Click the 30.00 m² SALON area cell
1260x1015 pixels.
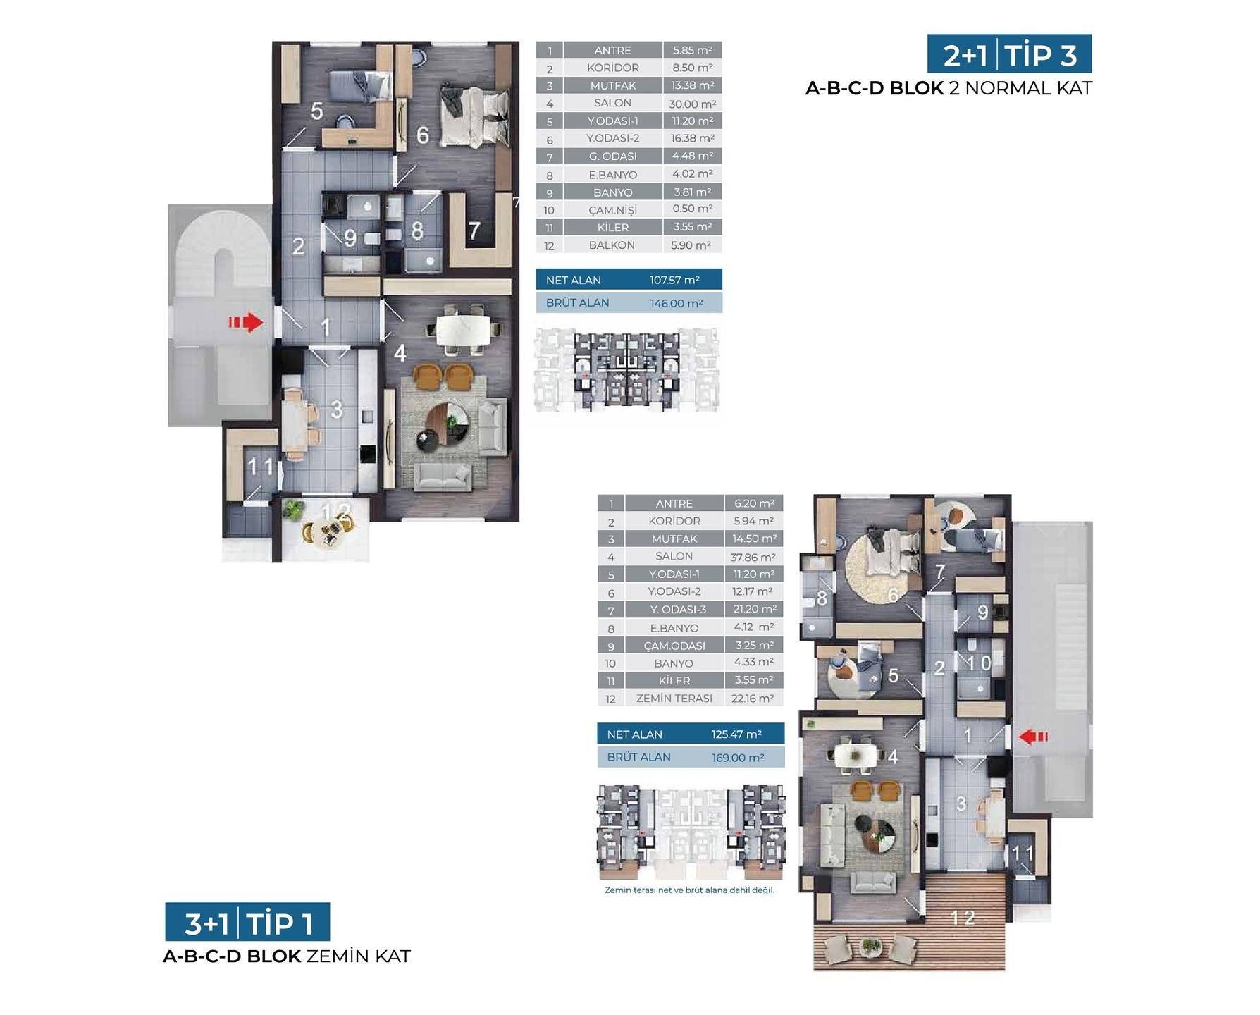693,104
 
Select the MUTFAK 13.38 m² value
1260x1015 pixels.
693,85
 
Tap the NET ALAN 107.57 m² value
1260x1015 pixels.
674,280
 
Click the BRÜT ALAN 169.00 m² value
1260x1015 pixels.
738,758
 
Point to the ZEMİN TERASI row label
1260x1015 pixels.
674,699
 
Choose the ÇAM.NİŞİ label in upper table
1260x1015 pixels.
612,210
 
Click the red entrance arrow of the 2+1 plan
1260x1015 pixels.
245,323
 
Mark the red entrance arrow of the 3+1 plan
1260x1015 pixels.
1034,737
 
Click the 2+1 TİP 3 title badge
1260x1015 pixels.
1009,54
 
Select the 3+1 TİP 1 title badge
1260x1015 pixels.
247,922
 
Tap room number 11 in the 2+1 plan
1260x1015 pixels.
260,467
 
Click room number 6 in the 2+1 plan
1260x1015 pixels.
423,135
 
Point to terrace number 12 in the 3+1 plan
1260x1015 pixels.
963,918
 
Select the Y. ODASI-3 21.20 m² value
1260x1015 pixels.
754,609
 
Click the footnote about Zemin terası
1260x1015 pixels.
689,890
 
